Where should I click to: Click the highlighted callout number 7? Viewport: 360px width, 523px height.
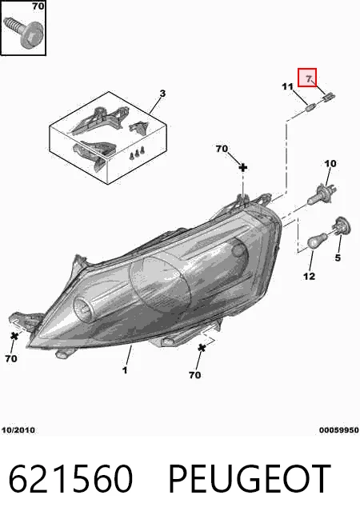[x=309, y=79]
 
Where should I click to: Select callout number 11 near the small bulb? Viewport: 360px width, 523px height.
[x=287, y=86]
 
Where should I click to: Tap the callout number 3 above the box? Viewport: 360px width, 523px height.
[x=162, y=94]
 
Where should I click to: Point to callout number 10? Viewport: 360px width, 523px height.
[x=330, y=164]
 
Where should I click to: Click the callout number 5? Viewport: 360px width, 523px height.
[x=338, y=258]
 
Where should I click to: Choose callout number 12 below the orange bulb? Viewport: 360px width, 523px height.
[x=310, y=276]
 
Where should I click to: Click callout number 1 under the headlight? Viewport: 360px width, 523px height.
[x=125, y=370]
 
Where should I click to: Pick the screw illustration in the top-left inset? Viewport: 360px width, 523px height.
[x=23, y=32]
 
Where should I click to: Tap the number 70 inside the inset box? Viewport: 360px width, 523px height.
[x=38, y=6]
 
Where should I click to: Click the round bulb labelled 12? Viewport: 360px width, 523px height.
[x=317, y=241]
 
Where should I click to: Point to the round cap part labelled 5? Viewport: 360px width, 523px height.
[x=341, y=226]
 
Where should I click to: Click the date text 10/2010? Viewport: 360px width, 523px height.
[x=18, y=430]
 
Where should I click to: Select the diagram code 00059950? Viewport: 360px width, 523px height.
[x=339, y=430]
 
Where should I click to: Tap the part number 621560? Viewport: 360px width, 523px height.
[x=70, y=479]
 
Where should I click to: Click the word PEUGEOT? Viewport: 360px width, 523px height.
[x=250, y=479]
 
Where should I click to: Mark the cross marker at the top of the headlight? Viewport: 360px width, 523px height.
[x=243, y=167]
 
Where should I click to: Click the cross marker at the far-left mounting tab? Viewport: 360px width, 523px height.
[x=14, y=336]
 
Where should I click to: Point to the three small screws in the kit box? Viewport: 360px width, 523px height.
[x=138, y=153]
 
